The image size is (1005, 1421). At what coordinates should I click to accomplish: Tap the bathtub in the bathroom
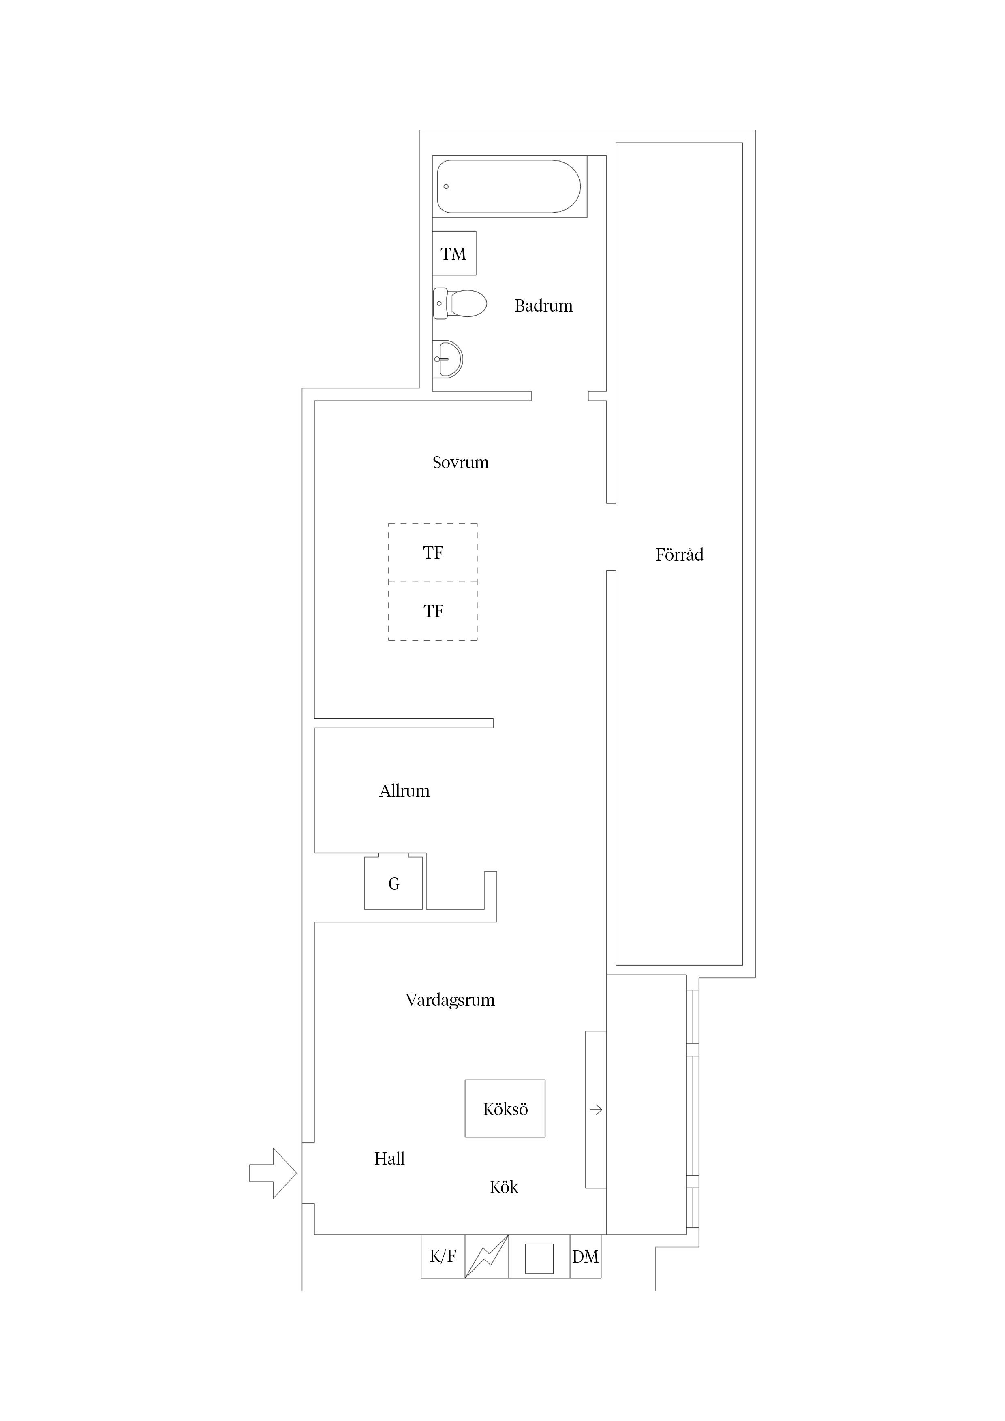[509, 186]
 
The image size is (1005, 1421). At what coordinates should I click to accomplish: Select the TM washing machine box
[454, 253]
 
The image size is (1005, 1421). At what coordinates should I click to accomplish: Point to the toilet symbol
[460, 303]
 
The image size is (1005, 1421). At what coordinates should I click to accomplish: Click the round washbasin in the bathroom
[448, 359]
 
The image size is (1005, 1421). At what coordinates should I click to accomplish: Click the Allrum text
[404, 791]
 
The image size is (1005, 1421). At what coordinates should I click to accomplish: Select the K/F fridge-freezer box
[443, 1257]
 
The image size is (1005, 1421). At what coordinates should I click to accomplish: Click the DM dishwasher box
[585, 1257]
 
